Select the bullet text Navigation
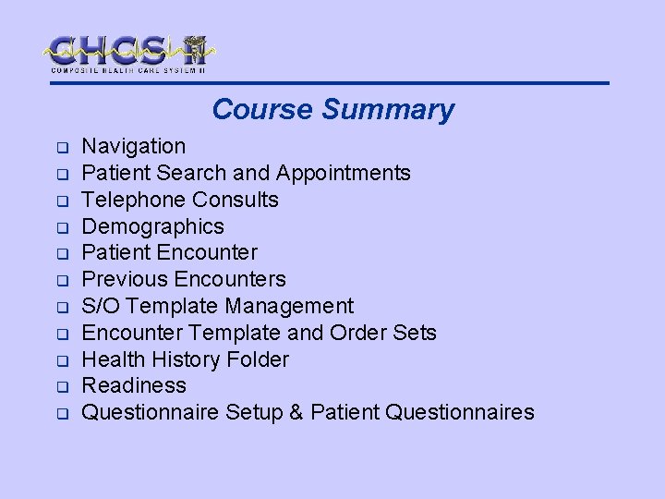click(134, 146)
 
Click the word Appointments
click(344, 173)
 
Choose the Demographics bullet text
click(153, 226)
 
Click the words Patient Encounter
click(170, 252)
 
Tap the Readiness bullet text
click(134, 385)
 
